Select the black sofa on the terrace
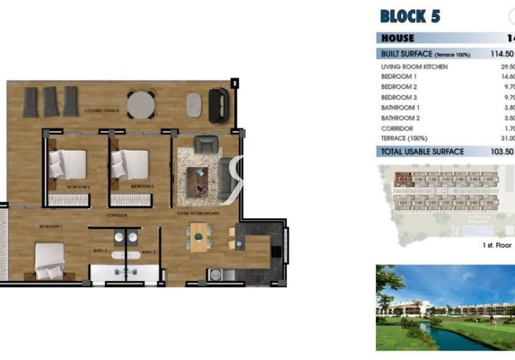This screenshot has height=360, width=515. (219, 102)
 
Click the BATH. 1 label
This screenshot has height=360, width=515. (100, 252)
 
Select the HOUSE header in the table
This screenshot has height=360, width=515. (397, 38)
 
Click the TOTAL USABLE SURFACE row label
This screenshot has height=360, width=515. (422, 151)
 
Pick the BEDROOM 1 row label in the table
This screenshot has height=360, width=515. (399, 77)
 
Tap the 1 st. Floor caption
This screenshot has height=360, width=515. (497, 243)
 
